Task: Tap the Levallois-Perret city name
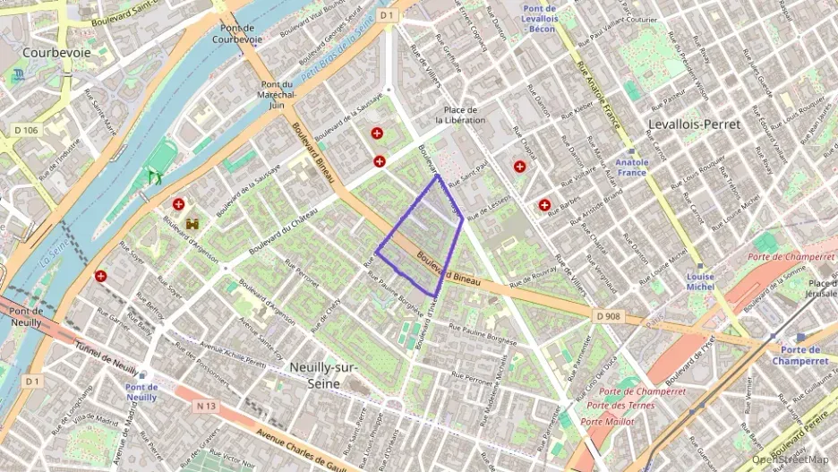coord(695,124)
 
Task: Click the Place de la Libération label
coord(460,114)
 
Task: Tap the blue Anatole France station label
coord(631,167)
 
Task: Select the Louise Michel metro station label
coord(700,281)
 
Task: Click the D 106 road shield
coord(27,131)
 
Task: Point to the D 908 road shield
coord(607,315)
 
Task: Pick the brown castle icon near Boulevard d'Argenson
coord(192,222)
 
